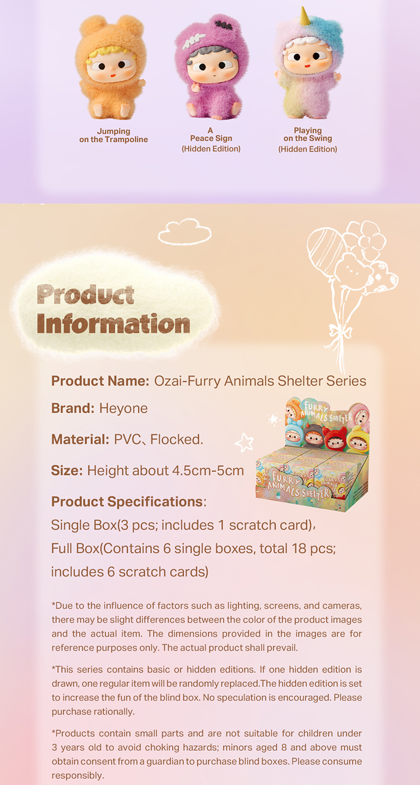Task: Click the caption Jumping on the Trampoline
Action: [x=114, y=135]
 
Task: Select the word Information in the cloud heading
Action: [x=113, y=324]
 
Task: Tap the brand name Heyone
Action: [x=123, y=408]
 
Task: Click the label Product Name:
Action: [x=100, y=381]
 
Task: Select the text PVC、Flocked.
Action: [x=158, y=439]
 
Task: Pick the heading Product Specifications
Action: [x=127, y=501]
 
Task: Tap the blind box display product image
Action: [x=312, y=454]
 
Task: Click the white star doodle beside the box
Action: [x=244, y=442]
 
